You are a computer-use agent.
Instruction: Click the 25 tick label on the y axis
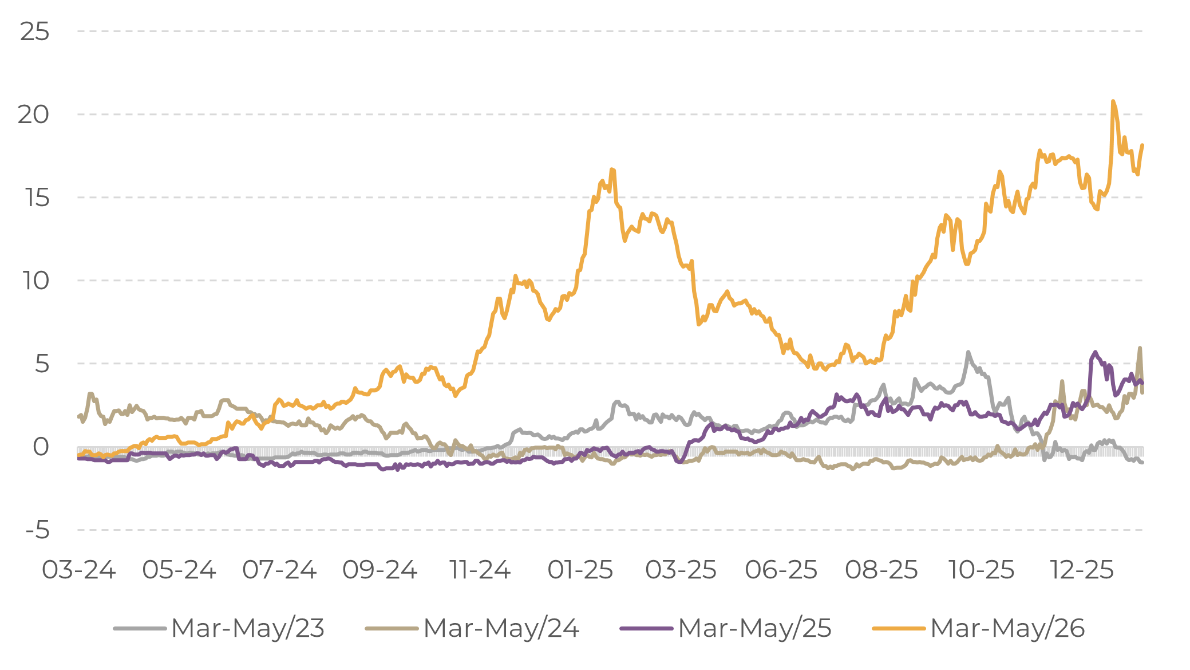(x=34, y=31)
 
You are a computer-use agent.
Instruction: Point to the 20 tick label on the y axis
(x=34, y=115)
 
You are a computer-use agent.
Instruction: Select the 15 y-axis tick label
(x=36, y=198)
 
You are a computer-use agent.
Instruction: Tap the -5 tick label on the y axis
(x=37, y=530)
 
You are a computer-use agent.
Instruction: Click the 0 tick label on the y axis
(x=41, y=447)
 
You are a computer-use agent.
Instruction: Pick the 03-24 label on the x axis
(x=79, y=570)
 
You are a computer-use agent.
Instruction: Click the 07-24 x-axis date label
(x=279, y=570)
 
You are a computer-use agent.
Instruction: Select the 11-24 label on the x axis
(x=480, y=570)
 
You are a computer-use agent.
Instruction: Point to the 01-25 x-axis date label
(x=580, y=570)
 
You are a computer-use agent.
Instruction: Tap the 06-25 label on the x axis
(x=781, y=570)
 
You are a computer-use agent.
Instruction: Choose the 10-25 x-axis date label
(x=982, y=570)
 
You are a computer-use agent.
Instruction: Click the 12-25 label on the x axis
(x=1082, y=570)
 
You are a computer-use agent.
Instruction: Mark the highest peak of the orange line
(x=1113, y=101)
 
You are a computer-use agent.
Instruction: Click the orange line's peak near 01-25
(x=612, y=169)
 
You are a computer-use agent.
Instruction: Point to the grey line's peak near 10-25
(x=968, y=352)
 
